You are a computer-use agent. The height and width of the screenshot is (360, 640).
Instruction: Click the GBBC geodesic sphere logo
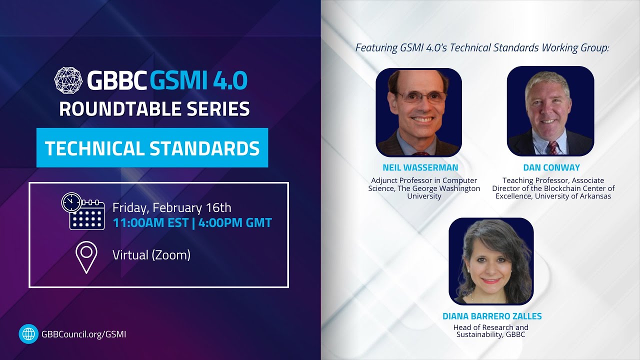pyautogui.click(x=69, y=80)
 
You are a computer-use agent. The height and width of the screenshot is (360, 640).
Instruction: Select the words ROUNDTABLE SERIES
pyautogui.click(x=154, y=108)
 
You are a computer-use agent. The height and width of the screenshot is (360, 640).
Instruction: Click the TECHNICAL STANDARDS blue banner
pyautogui.click(x=152, y=148)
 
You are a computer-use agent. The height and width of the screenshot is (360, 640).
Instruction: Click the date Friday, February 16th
pyautogui.click(x=171, y=207)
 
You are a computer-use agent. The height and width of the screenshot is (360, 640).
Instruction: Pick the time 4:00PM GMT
pyautogui.click(x=235, y=223)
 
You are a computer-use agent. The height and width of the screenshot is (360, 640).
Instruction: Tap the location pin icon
pyautogui.click(x=86, y=257)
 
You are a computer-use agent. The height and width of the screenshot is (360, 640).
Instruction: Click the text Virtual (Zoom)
pyautogui.click(x=151, y=255)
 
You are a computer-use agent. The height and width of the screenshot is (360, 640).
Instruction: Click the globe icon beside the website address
pyautogui.click(x=28, y=334)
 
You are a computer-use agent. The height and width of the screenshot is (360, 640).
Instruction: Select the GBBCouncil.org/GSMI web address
pyautogui.click(x=84, y=334)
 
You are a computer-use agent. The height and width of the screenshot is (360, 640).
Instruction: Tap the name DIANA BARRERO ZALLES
pyautogui.click(x=492, y=316)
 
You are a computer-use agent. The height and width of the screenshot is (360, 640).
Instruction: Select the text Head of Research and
pyautogui.click(x=490, y=327)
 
